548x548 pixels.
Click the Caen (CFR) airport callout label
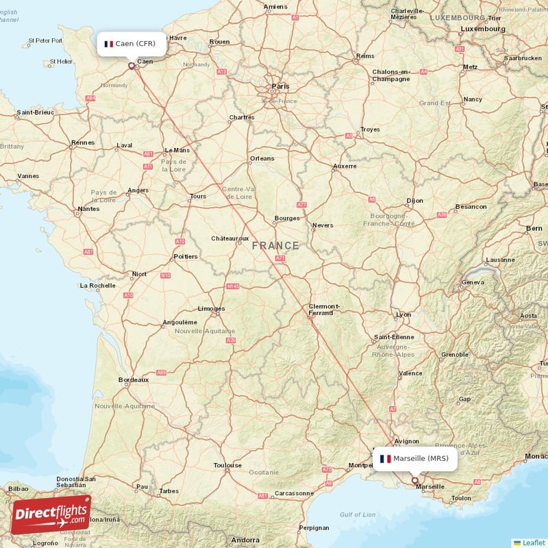point(130,44)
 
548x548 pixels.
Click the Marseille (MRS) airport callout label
point(414,458)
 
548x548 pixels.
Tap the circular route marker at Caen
point(132,66)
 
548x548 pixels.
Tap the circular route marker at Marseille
point(414,480)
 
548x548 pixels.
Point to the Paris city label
point(281,86)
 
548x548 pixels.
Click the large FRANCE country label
point(275,245)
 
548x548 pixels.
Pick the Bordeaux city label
point(134,379)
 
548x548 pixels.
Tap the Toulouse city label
point(227,466)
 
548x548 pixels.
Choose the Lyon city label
point(404,315)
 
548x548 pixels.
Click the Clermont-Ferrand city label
point(324,310)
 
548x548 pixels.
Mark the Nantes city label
point(88,209)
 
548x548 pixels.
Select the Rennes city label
point(82,143)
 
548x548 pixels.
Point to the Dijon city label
point(414,201)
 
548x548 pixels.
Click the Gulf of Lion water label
point(358,514)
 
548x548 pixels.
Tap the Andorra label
point(245,540)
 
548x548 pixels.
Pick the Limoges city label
point(211,308)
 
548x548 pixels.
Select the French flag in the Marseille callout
point(385,458)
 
